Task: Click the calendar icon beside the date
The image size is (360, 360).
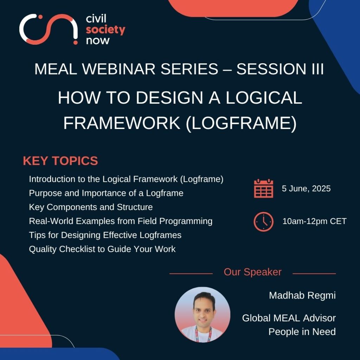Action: tap(264, 188)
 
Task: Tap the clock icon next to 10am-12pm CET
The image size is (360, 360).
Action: tap(264, 221)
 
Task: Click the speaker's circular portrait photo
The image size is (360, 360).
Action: tap(202, 315)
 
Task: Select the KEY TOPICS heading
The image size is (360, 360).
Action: tap(60, 161)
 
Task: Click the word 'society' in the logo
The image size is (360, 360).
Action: tap(105, 30)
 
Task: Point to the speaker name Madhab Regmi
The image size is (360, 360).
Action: tap(302, 295)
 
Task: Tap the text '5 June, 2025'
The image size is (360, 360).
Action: tap(306, 188)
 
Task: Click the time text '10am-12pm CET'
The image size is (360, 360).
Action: tap(314, 221)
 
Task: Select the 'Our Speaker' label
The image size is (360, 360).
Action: tap(252, 272)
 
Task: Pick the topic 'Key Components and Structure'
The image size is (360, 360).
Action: tap(91, 207)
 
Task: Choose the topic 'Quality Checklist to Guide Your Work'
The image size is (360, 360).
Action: tap(102, 249)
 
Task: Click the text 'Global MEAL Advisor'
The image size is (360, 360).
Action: tap(289, 318)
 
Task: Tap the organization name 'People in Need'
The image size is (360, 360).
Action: tap(302, 332)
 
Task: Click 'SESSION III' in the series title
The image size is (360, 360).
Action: tap(280, 69)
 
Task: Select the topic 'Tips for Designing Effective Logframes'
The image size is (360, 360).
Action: tap(105, 235)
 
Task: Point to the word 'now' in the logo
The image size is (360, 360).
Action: tap(98, 41)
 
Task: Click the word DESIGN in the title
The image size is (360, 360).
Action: tap(169, 98)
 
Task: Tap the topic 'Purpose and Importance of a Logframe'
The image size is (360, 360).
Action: tap(106, 193)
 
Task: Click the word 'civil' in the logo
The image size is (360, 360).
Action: tap(96, 19)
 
